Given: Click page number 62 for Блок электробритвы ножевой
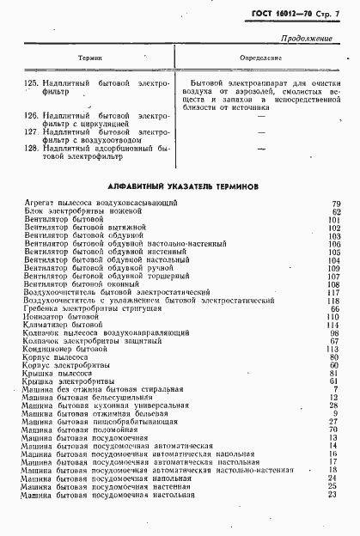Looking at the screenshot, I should [336, 210].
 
